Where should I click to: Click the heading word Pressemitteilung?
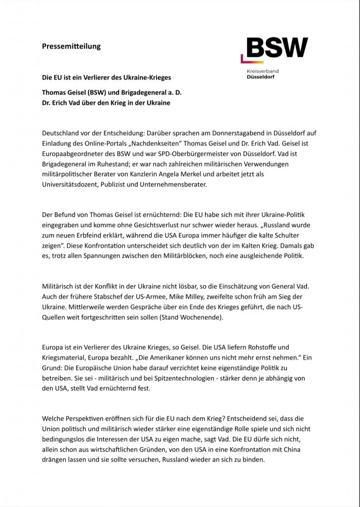pyautogui.click(x=71, y=47)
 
